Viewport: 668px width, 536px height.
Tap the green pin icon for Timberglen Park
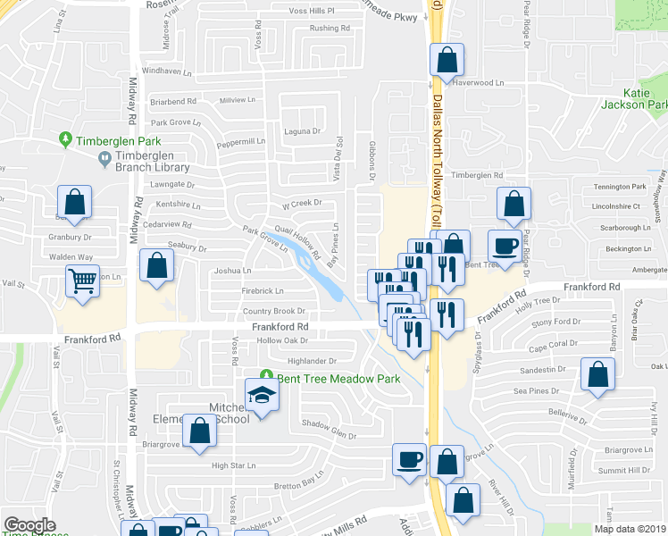click(x=65, y=139)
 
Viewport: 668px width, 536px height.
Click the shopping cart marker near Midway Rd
click(x=83, y=282)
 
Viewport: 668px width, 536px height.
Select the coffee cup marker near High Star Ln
click(x=410, y=461)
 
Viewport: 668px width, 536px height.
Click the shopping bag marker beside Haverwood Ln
click(x=447, y=61)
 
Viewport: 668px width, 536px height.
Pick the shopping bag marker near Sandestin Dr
click(x=597, y=375)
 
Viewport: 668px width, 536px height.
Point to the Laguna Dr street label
click(x=303, y=130)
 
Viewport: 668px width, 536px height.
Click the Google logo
click(x=30, y=525)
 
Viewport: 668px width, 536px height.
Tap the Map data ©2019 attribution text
click(x=630, y=529)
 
